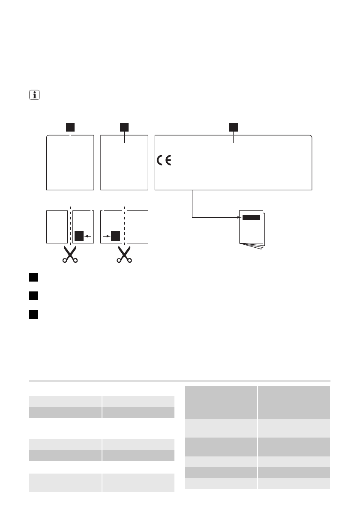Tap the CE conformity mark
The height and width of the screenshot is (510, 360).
(x=164, y=161)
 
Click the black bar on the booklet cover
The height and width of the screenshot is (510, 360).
(x=251, y=217)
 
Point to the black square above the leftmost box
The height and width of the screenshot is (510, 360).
(x=70, y=127)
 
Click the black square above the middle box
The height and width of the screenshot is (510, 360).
(x=124, y=127)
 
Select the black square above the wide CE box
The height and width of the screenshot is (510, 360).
(x=233, y=127)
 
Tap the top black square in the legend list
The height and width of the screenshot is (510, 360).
(x=34, y=277)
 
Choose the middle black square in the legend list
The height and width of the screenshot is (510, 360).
(x=34, y=296)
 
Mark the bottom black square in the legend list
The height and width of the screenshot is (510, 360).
(x=34, y=315)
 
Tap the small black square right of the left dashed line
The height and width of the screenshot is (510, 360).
(x=79, y=236)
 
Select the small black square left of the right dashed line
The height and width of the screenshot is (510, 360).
(x=115, y=236)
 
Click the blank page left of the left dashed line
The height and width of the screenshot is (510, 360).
(x=57, y=227)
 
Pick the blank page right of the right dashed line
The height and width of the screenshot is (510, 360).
(x=138, y=227)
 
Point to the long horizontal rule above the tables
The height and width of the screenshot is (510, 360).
(x=180, y=381)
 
